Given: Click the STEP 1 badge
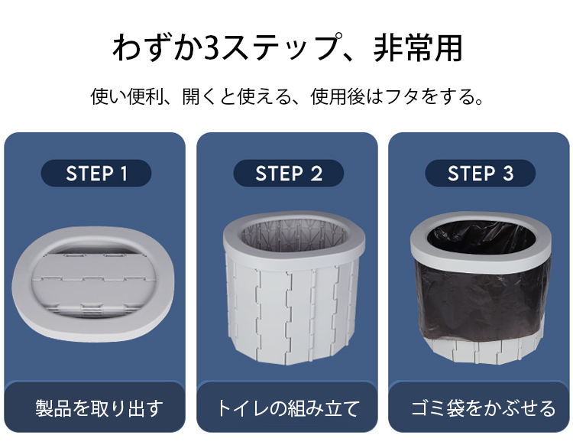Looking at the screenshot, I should pos(95,174).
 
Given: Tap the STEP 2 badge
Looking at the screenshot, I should pos(288,174).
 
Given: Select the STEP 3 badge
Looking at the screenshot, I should pos(480,174).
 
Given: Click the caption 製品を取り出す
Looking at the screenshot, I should pos(99,408).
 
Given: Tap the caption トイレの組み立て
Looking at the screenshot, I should pos(287,408).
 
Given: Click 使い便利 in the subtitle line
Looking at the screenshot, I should pos(124,97).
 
